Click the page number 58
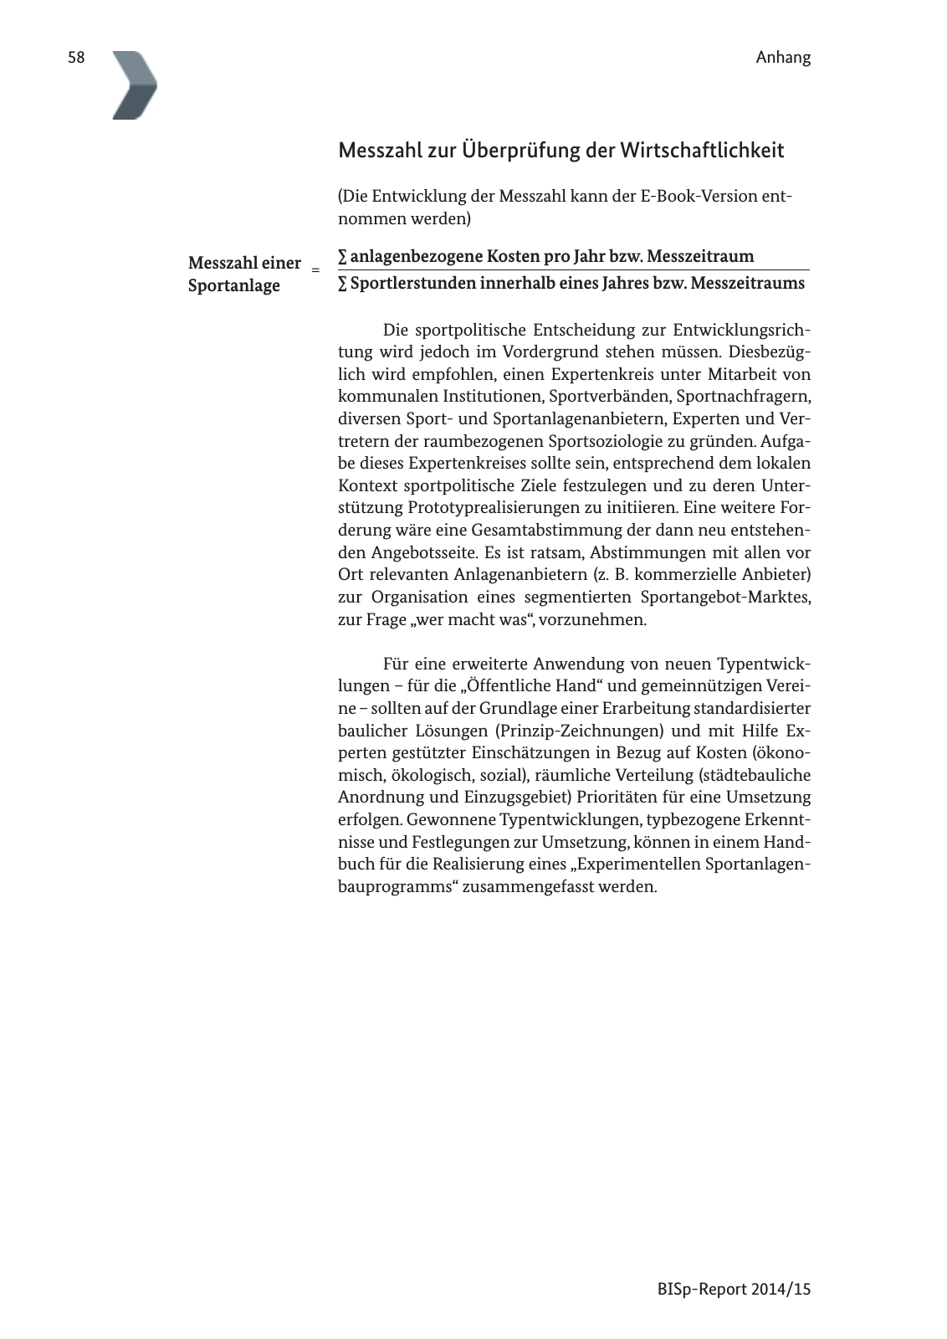click(76, 58)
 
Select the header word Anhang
click(783, 58)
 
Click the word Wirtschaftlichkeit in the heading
click(702, 151)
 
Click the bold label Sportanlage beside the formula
click(234, 285)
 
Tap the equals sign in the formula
click(315, 269)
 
